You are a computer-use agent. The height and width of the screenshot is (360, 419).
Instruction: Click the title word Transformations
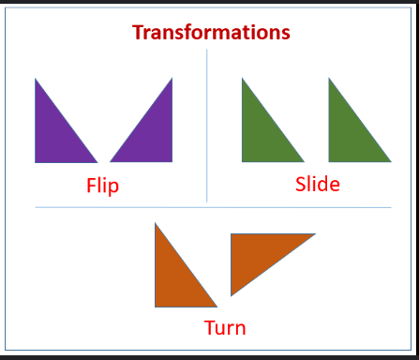(211, 32)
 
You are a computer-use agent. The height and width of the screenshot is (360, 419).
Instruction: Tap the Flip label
(102, 185)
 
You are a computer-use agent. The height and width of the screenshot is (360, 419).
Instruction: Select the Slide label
(317, 184)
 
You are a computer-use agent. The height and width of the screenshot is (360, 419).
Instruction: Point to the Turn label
(225, 327)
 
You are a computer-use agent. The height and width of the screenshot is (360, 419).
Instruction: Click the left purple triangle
(54, 136)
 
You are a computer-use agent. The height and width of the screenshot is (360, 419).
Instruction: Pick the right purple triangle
(154, 136)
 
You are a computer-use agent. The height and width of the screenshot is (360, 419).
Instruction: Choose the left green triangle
(262, 135)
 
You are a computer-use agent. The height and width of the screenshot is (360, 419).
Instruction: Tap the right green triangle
(348, 135)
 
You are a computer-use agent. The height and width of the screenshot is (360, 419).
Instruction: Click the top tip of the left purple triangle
(36, 80)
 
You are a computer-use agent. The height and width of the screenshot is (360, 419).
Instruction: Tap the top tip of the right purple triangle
(172, 79)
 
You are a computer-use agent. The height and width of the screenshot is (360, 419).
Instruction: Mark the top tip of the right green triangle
(329, 79)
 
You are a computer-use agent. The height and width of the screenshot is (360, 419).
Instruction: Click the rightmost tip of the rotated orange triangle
(314, 234)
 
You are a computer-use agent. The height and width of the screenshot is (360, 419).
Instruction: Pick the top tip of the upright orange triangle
(156, 223)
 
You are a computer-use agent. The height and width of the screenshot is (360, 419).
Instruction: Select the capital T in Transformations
(139, 32)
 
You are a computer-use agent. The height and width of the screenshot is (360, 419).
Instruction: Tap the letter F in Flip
(91, 185)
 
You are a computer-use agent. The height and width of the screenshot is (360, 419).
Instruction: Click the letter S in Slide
(302, 184)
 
